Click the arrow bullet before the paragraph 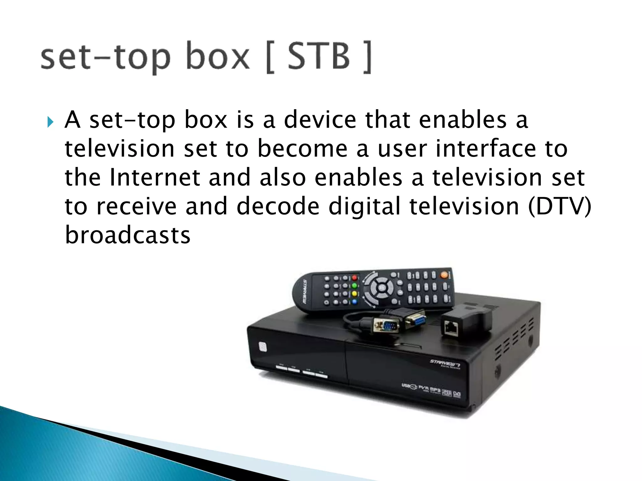(50, 122)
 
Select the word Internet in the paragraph (155, 178)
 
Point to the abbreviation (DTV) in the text (559, 206)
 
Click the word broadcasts (128, 235)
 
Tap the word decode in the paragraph (278, 206)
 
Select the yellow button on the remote (355, 294)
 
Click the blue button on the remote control (355, 302)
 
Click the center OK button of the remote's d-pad (382, 287)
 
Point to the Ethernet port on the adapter (451, 328)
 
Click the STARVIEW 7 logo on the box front (445, 363)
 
